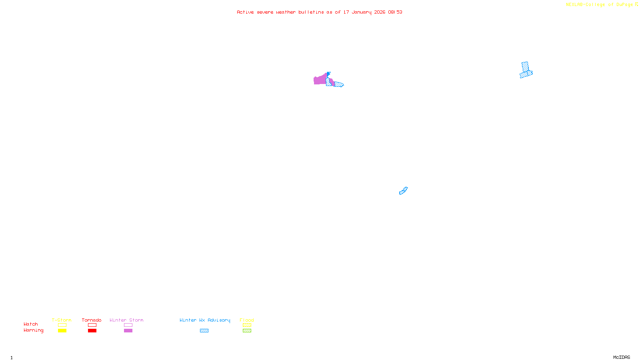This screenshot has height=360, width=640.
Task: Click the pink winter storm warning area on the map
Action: click(320, 80)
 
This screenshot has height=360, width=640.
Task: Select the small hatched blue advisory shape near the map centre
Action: click(403, 191)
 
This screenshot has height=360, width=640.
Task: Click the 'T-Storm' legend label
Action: click(62, 320)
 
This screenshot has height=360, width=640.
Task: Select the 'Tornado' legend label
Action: click(92, 320)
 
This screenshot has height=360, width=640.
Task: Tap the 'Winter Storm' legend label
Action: click(126, 320)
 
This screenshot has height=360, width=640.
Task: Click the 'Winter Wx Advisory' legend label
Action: click(205, 320)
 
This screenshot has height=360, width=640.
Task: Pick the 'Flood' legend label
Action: click(247, 320)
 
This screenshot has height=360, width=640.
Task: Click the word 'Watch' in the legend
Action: click(31, 324)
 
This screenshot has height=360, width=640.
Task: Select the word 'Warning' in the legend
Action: click(33, 330)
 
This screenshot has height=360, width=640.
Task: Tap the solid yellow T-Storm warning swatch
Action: click(62, 331)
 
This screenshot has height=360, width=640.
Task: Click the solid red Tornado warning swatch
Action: click(92, 331)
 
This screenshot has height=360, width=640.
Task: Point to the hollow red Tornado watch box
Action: click(92, 325)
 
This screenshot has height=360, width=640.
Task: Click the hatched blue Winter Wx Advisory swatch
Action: click(204, 331)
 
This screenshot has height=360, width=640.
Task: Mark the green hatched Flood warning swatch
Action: click(247, 331)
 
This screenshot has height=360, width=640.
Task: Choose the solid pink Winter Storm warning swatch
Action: click(128, 331)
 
